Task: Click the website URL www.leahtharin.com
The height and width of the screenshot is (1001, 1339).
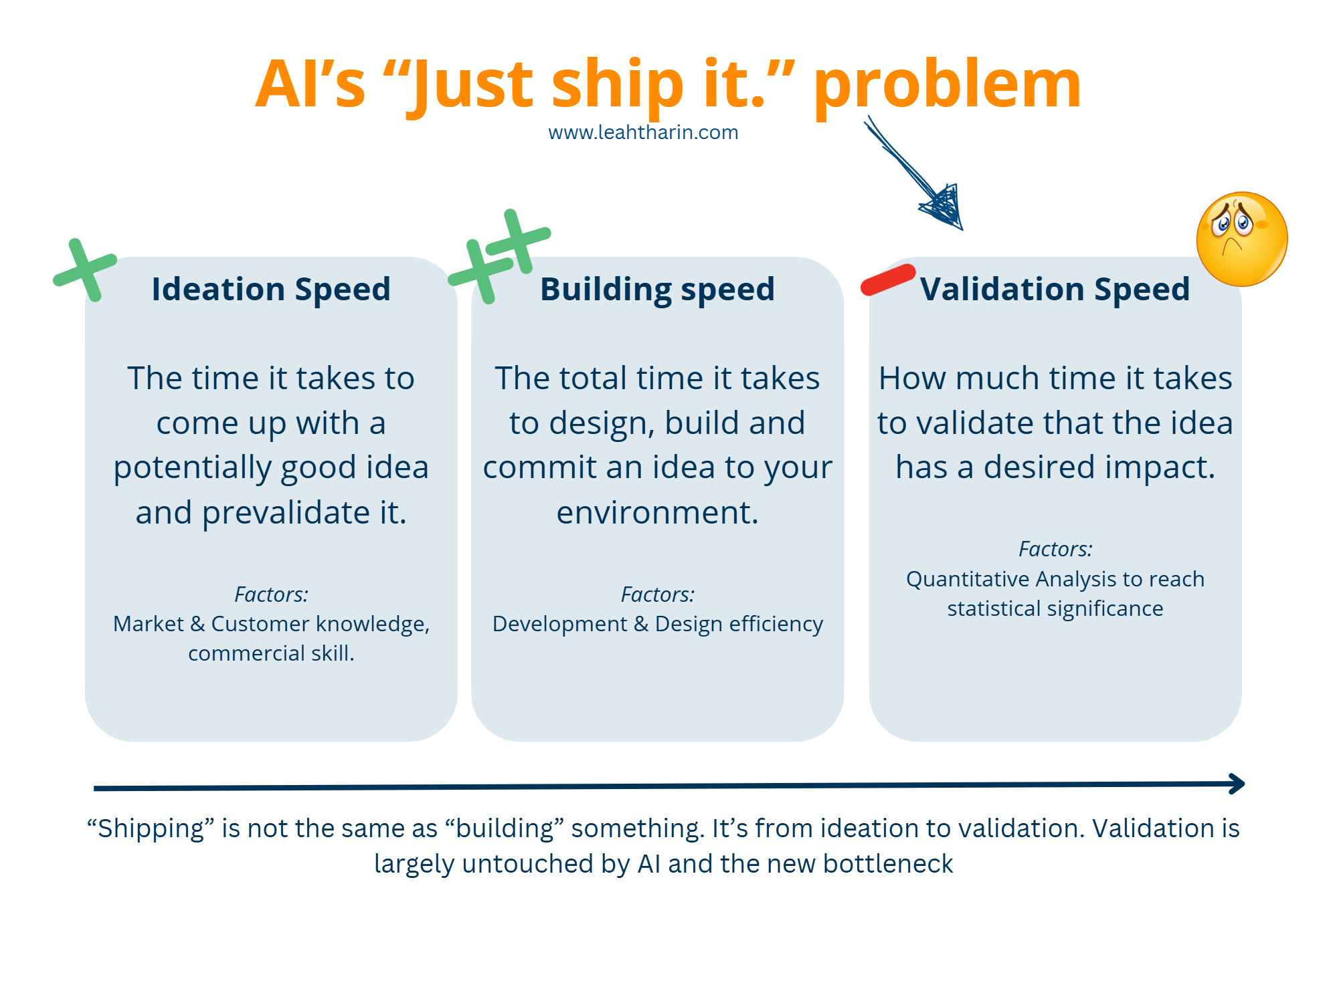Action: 642,132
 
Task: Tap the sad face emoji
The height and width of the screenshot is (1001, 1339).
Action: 1241,239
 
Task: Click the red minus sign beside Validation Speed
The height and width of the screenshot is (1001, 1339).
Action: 887,280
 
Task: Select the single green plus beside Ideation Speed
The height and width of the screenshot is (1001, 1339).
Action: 86,269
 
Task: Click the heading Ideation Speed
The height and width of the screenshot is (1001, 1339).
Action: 271,290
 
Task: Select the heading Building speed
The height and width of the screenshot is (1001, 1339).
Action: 657,290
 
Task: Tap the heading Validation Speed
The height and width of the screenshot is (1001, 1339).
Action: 1055,290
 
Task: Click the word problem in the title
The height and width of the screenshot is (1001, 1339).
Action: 947,85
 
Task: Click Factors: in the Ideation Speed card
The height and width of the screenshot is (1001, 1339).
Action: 271,594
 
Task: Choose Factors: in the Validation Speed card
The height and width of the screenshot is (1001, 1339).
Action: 1055,549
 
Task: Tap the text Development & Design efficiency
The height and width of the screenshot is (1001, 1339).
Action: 657,624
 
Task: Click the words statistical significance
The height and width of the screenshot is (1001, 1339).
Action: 1055,608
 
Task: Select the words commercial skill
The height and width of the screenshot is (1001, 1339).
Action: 270,653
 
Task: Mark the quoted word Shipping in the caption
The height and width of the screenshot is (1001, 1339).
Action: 151,828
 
